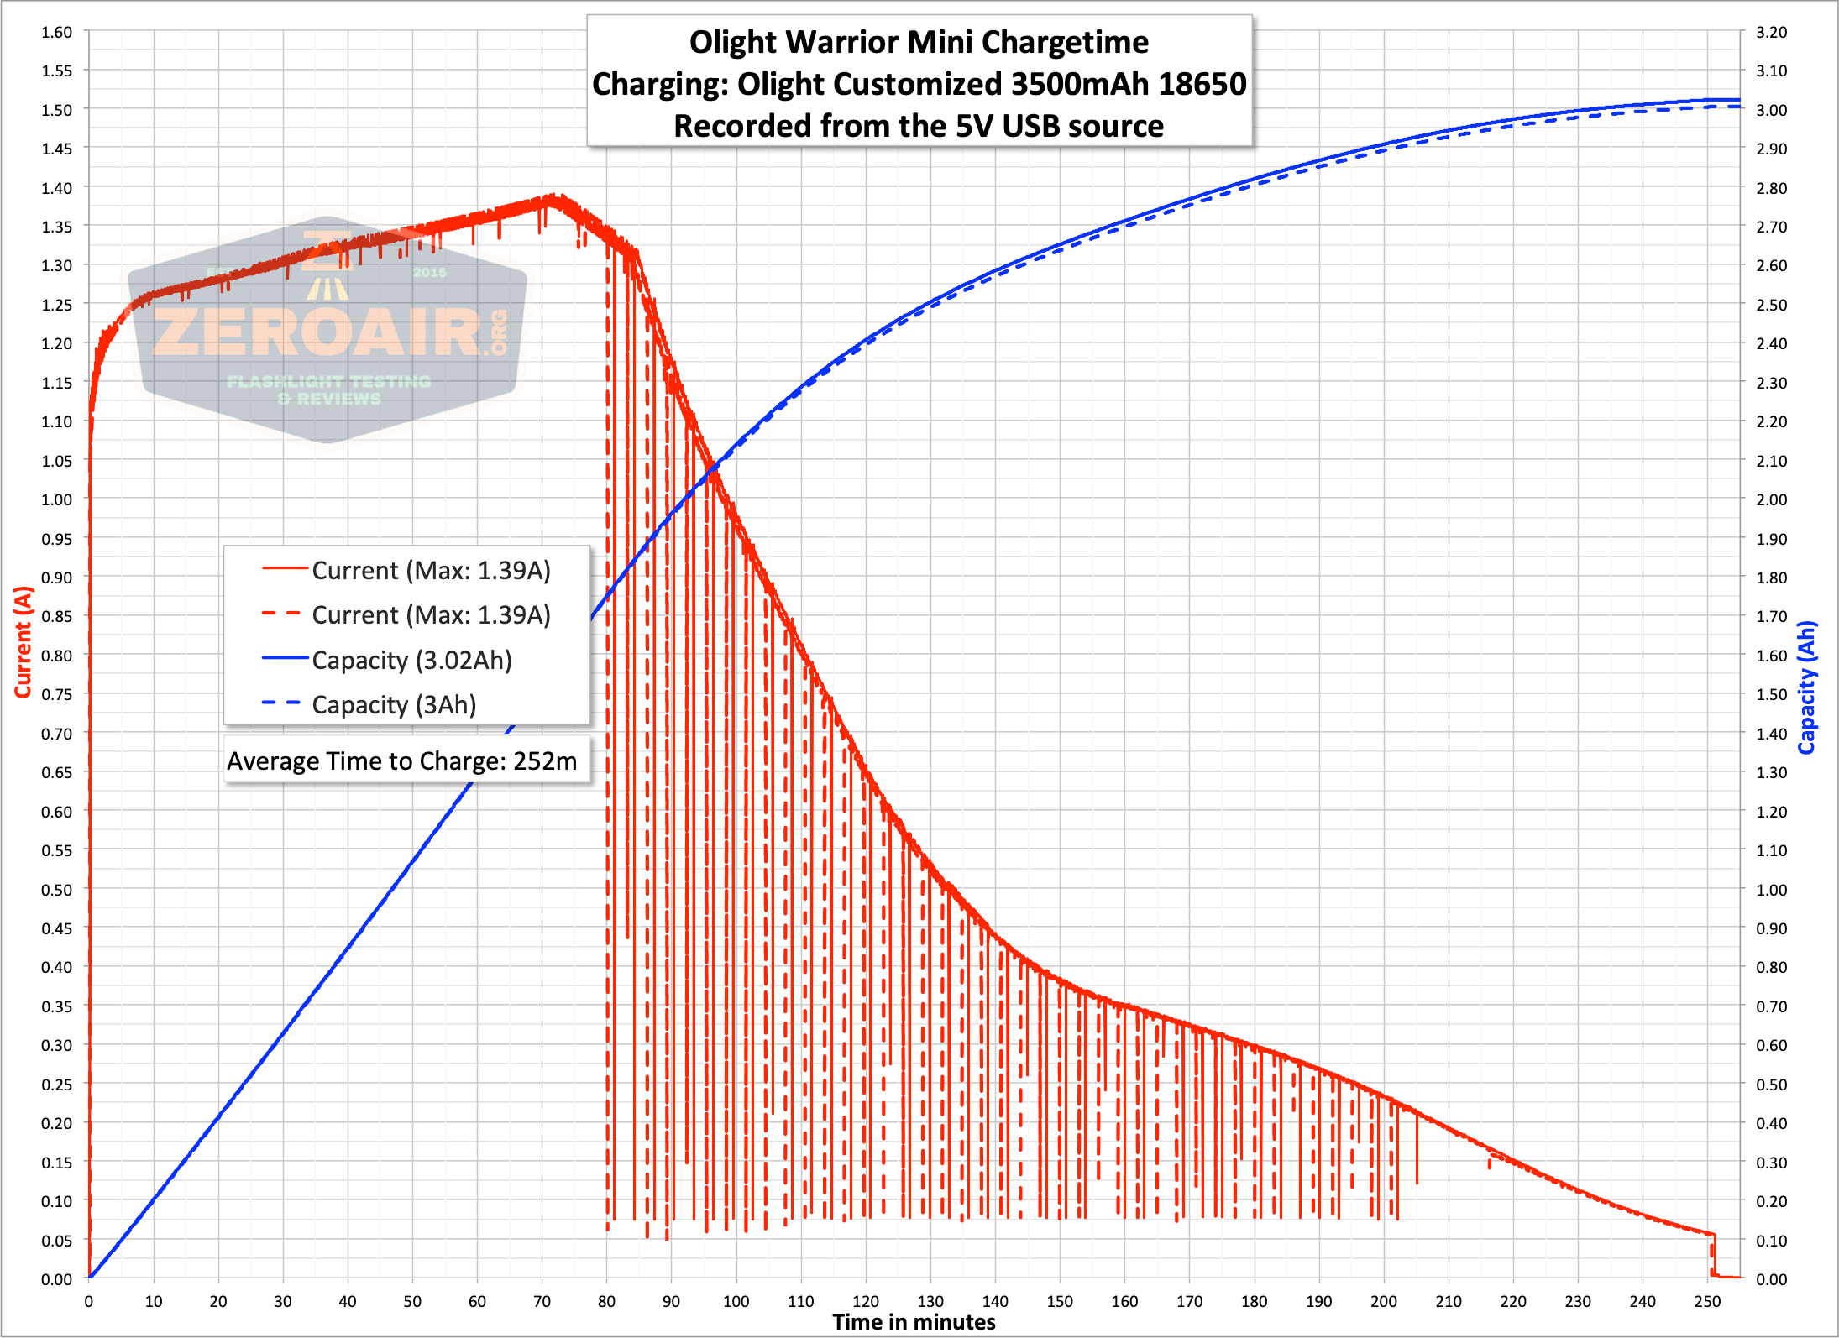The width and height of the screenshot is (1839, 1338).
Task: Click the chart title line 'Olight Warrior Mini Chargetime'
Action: (x=919, y=42)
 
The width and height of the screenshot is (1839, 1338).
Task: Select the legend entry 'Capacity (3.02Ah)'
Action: (x=411, y=661)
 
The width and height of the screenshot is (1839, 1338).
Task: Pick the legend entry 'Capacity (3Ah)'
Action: (x=394, y=705)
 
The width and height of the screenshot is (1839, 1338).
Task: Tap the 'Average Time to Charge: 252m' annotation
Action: (x=402, y=761)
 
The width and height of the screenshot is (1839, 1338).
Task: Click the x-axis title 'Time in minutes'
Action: (x=914, y=1323)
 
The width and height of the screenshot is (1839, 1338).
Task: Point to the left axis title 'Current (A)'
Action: (x=23, y=642)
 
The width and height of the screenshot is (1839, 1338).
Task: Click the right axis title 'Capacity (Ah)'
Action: (x=1806, y=687)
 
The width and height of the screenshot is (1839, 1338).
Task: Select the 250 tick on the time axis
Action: (x=1707, y=1302)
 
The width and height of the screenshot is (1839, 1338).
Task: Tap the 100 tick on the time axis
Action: (x=736, y=1302)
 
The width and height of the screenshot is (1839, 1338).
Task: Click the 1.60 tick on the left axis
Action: (x=57, y=32)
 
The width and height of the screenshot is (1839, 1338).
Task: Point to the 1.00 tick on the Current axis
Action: (x=57, y=499)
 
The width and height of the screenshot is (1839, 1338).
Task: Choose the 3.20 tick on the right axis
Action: (x=1772, y=32)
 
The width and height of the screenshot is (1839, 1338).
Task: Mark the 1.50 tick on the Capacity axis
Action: (x=1772, y=694)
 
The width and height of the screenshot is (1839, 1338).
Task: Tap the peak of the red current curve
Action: (x=553, y=197)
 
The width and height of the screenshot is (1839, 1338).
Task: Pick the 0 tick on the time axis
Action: (x=89, y=1302)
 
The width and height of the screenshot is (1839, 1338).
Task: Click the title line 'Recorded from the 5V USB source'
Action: (x=919, y=126)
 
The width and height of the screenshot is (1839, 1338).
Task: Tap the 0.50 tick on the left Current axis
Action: (x=57, y=890)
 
